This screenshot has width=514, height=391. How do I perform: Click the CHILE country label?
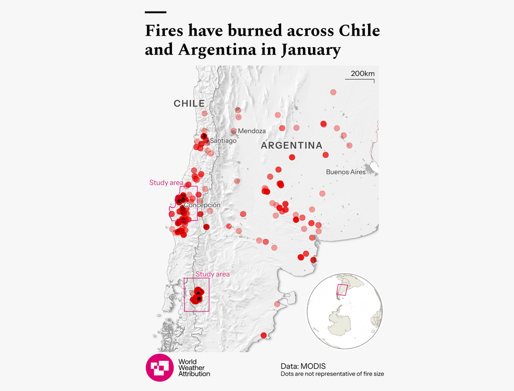(189, 104)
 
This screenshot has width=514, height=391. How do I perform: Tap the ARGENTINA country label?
(292, 146)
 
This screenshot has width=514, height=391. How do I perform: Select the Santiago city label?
(223, 141)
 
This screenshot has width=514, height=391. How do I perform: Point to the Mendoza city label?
(251, 131)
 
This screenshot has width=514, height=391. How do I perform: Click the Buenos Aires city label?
(346, 172)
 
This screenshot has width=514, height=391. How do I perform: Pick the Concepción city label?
(202, 205)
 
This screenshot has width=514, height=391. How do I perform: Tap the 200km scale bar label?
(362, 74)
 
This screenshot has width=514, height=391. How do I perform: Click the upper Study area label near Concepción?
(166, 182)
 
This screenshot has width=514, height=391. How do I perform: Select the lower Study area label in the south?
(212, 274)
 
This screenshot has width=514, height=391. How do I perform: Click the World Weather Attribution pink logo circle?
(159, 367)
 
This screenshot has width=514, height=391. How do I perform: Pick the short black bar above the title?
(155, 12)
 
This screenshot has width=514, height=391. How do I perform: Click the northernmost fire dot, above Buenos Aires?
(333, 92)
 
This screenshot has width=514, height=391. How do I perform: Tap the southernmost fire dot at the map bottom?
(264, 335)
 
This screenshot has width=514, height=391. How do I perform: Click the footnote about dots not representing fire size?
(332, 374)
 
